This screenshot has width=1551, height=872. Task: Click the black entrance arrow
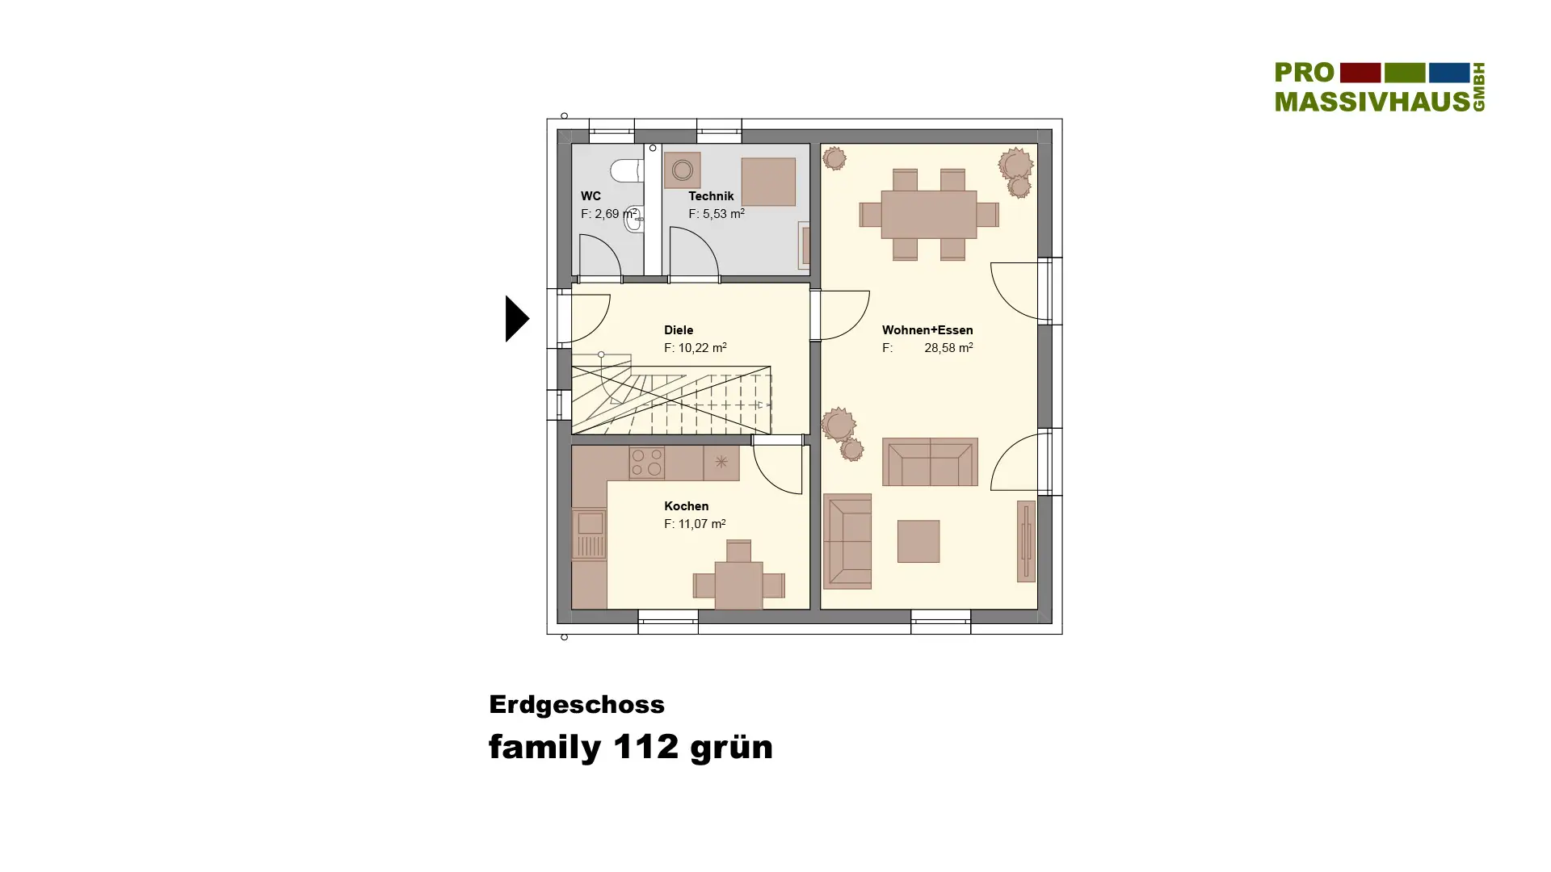pos(517,318)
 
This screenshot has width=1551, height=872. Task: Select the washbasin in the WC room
pos(635,220)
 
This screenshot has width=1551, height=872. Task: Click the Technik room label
pos(711,196)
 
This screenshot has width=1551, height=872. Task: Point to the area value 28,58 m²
pos(948,348)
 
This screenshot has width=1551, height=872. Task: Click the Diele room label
pos(679,330)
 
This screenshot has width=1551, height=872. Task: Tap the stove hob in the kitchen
pos(646,463)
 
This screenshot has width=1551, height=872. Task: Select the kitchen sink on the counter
pos(589,534)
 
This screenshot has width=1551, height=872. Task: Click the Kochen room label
pos(687,506)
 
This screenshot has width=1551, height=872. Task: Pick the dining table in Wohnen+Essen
pos(929,214)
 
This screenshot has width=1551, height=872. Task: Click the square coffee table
pos(918,541)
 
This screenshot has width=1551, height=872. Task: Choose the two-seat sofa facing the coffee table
pos(930,462)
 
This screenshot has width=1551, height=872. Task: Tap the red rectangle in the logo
pos(1360,73)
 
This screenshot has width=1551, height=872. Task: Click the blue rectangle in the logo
pos(1449,73)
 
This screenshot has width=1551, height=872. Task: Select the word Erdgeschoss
pos(577,704)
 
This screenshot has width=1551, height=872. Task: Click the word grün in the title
pos(731,748)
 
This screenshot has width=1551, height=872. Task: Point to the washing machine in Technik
pos(683,170)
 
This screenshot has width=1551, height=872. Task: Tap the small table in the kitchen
pos(738,585)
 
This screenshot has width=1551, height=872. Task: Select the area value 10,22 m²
pos(696,348)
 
